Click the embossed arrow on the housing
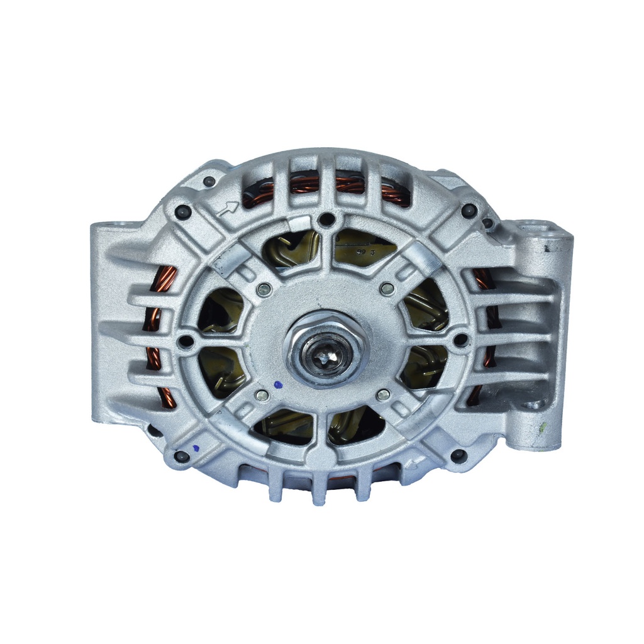pos(228,208)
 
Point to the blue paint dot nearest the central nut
pos(279,383)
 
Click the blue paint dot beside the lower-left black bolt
pos(196,447)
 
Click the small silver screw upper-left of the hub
pos(264,289)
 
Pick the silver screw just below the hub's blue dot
pos(262,396)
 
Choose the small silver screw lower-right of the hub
pos(383,394)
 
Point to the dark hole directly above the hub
pos(325,219)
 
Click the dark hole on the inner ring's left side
pos(185,341)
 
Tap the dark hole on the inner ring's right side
pos(461,340)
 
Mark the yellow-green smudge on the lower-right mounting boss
pos(540,429)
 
